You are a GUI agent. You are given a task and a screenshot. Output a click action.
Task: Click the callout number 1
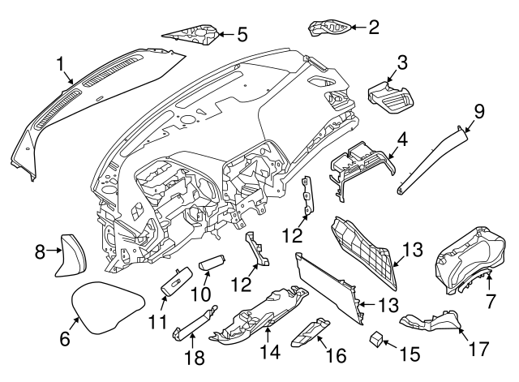click(61, 62)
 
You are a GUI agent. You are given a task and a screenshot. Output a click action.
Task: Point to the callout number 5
click(242, 34)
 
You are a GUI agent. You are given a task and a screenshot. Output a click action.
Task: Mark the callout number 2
click(373, 28)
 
